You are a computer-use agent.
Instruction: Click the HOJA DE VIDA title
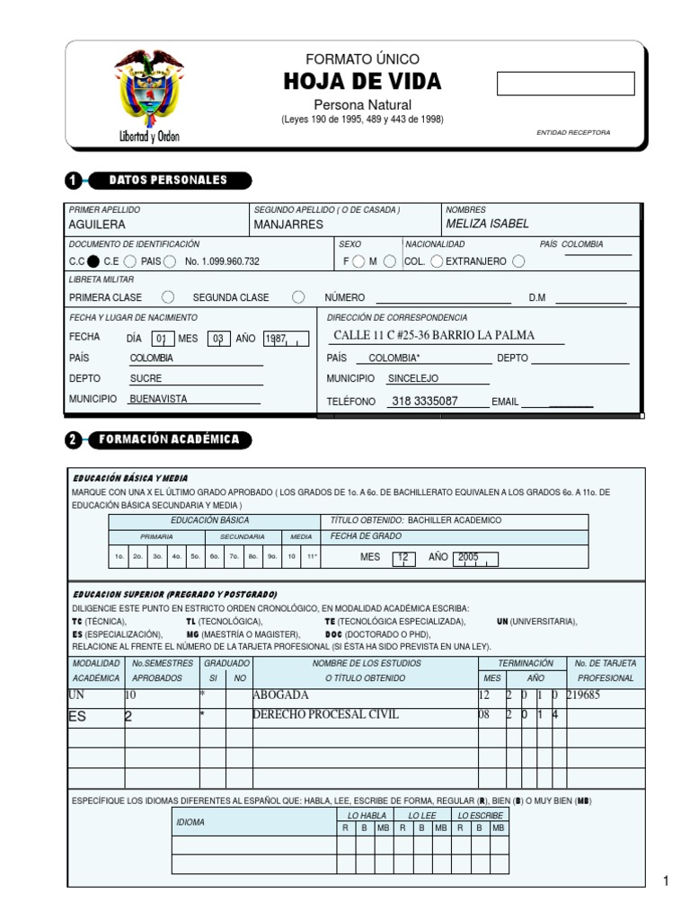tap(362, 82)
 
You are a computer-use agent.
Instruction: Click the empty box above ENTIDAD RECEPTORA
tap(565, 84)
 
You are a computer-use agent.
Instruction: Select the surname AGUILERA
tap(97, 225)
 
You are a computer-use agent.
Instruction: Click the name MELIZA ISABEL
tap(487, 224)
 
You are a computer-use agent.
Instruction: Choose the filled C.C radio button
tap(93, 261)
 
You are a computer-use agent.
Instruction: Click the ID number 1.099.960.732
tap(222, 261)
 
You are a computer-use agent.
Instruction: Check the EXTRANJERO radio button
tap(518, 261)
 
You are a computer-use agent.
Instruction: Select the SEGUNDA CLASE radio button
tap(298, 297)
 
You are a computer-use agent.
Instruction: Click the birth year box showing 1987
tap(285, 339)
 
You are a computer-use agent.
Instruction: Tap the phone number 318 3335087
tap(425, 402)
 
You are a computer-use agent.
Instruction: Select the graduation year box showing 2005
tap(475, 557)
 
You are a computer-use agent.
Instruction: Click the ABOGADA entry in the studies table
tap(281, 695)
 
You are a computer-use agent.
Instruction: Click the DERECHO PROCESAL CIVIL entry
tap(325, 715)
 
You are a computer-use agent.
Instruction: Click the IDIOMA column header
tap(190, 822)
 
